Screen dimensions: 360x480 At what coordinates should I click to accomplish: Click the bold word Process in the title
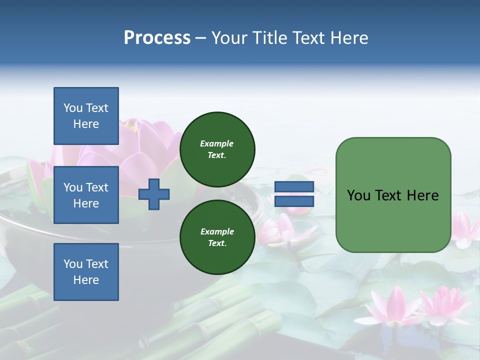pos(157,38)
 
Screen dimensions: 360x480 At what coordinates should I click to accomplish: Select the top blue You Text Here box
pos(86,116)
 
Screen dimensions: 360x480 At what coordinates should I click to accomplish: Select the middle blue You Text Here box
pos(86,195)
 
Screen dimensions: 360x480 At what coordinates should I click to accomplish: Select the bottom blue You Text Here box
pos(86,272)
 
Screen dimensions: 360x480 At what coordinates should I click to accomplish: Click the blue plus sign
pos(154,194)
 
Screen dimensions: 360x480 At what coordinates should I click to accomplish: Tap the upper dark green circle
pos(217,149)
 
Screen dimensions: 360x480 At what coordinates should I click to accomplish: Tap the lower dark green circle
pos(217,237)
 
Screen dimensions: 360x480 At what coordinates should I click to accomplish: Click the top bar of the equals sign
pos(294,186)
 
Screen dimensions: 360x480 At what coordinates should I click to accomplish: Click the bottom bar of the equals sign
pos(294,201)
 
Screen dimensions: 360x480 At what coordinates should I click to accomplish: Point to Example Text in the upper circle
pos(217,149)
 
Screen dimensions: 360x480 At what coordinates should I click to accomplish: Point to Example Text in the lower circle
pos(217,237)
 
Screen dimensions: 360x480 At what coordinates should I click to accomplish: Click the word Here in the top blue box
pos(86,124)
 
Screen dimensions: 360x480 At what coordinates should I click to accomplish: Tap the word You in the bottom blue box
pos(73,264)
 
